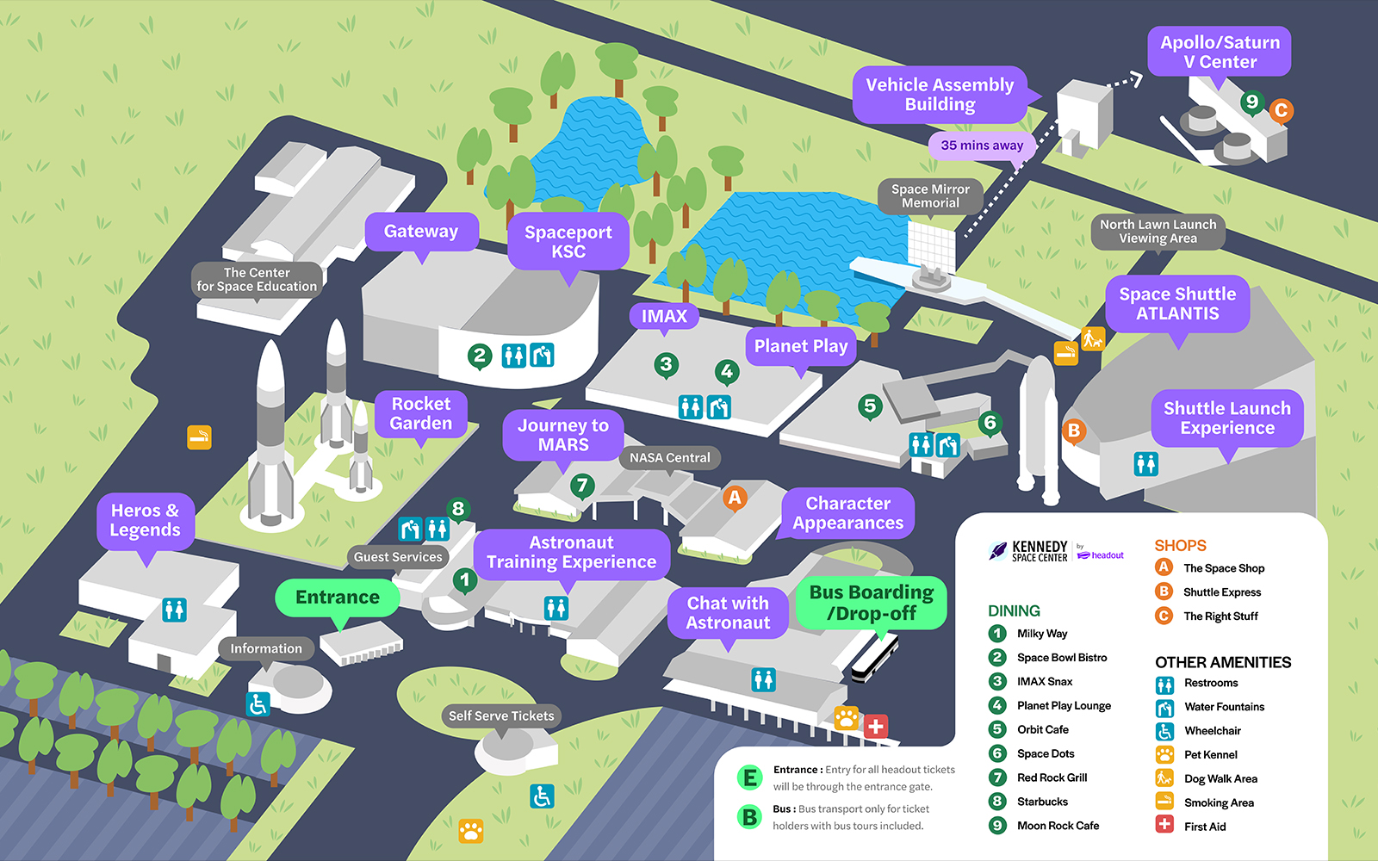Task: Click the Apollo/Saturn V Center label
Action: (1219, 52)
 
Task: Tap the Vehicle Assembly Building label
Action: (940, 95)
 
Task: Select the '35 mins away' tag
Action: (982, 146)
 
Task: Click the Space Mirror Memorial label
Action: (930, 196)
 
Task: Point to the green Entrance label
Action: (338, 598)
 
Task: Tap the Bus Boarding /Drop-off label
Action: (872, 603)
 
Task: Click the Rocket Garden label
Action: (421, 413)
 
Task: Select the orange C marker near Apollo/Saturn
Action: (1281, 110)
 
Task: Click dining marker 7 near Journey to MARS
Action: (582, 486)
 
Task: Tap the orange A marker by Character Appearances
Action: (735, 497)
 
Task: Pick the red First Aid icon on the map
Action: (876, 726)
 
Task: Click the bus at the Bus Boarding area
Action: (875, 659)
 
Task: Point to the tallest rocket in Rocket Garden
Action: (271, 430)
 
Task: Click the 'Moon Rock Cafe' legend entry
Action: (1058, 826)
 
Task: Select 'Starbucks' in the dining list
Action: (1042, 802)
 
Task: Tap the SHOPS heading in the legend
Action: (1180, 546)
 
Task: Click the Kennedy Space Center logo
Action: (1030, 551)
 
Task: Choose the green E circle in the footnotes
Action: (750, 778)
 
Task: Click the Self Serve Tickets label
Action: (501, 716)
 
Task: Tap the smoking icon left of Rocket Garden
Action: (200, 437)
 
